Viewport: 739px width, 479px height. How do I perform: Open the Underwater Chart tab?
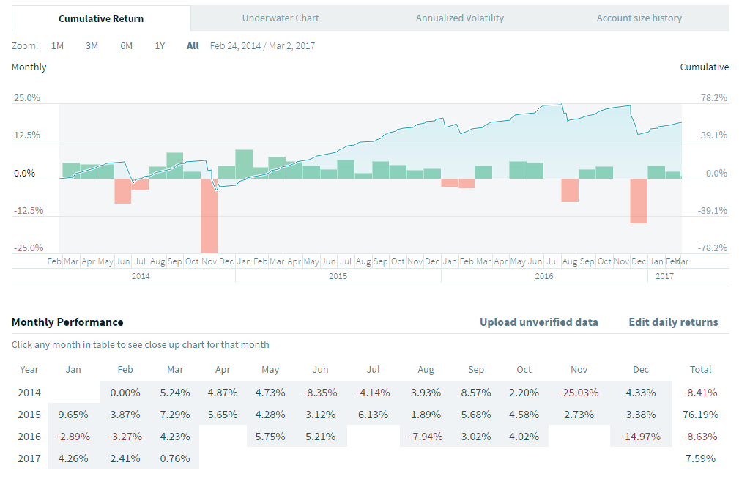pyautogui.click(x=281, y=18)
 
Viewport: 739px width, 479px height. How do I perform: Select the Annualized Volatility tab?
pyautogui.click(x=459, y=18)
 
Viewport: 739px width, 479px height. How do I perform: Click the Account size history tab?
pyautogui.click(x=639, y=18)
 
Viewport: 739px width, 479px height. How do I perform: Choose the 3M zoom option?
pyautogui.click(x=92, y=45)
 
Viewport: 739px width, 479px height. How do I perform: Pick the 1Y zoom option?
pyautogui.click(x=160, y=45)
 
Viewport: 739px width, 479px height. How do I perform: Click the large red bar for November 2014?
pyautogui.click(x=209, y=215)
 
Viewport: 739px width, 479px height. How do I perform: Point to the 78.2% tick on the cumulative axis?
pyautogui.click(x=714, y=97)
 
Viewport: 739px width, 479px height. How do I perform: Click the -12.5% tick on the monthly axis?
pyautogui.click(x=28, y=210)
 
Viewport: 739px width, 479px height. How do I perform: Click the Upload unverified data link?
pyautogui.click(x=538, y=322)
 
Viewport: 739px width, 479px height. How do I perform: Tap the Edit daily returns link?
pyautogui.click(x=673, y=322)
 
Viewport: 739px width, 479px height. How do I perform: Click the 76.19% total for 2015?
pyautogui.click(x=700, y=415)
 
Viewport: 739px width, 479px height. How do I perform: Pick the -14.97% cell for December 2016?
pyautogui.click(x=641, y=437)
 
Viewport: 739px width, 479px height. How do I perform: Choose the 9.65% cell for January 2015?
pyautogui.click(x=73, y=415)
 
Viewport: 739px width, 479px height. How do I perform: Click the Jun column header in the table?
pyautogui.click(x=320, y=370)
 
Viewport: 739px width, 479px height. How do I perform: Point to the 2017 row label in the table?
pyautogui.click(x=29, y=459)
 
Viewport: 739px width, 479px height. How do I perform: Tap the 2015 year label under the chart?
pyautogui.click(x=338, y=276)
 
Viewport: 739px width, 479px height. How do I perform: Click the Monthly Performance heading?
pyautogui.click(x=67, y=322)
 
